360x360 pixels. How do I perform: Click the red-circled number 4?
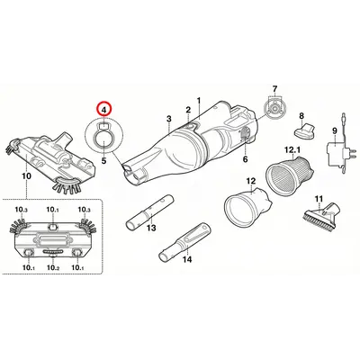[104, 111]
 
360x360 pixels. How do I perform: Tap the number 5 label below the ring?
[104, 160]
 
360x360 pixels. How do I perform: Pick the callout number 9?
[333, 131]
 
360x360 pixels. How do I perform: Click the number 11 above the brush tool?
[318, 198]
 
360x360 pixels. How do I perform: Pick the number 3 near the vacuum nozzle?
[168, 119]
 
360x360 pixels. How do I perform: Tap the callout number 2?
[187, 110]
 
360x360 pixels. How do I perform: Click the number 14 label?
[187, 260]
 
